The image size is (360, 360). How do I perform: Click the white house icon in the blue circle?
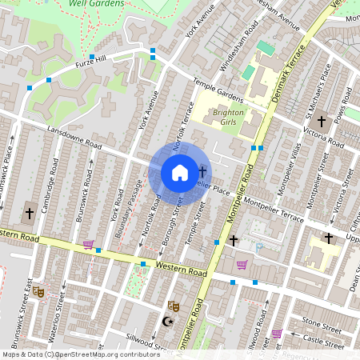tap(180, 173)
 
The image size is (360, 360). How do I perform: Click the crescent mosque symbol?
tap(167, 322)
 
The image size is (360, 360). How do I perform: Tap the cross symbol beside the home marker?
tap(202, 171)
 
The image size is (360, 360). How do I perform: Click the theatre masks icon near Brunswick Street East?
tap(38, 292)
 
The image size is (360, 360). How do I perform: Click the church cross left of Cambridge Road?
tap(30, 214)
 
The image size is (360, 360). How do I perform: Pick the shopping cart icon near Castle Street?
tap(277, 334)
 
